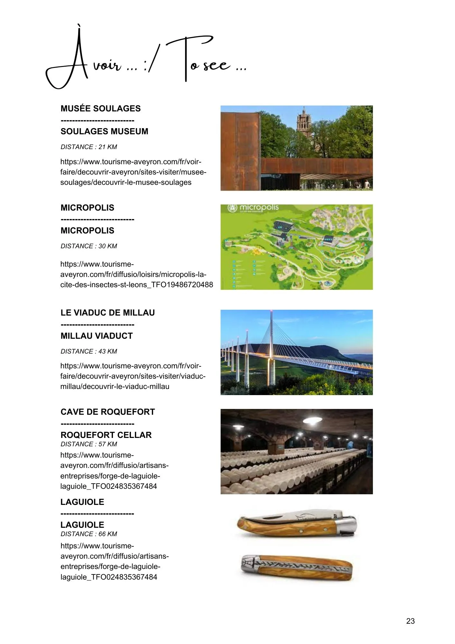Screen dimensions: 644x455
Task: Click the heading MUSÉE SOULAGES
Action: pyautogui.click(x=100, y=109)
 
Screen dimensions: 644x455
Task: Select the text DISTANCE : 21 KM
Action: pyautogui.click(x=88, y=147)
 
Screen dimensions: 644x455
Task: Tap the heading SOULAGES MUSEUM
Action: pyautogui.click(x=104, y=131)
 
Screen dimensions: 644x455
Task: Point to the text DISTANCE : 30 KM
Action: pyautogui.click(x=88, y=246)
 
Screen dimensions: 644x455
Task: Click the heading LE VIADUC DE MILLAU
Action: pyautogui.click(x=107, y=313)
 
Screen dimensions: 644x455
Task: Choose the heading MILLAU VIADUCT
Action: pyautogui.click(x=97, y=336)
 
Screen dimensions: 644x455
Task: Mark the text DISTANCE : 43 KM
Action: pyautogui.click(x=88, y=351)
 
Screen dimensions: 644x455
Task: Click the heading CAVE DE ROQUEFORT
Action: pyautogui.click(x=107, y=412)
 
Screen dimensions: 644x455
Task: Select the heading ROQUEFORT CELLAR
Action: pyautogui.click(x=106, y=435)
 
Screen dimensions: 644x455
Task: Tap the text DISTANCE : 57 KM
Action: pyautogui.click(x=88, y=444)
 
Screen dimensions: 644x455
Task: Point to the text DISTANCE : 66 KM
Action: pyautogui.click(x=88, y=534)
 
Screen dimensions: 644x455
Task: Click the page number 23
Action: pyautogui.click(x=410, y=621)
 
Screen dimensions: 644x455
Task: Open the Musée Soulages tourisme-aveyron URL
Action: pyautogui.click(x=133, y=172)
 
